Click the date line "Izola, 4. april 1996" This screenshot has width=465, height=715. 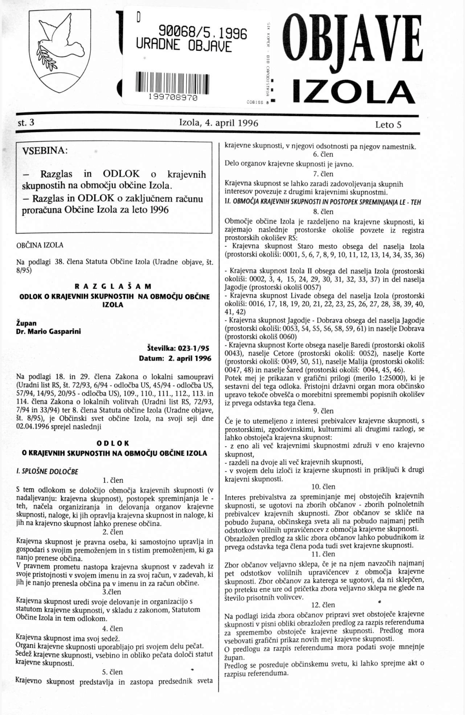click(x=219, y=123)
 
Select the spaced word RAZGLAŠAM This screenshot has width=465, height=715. click(x=113, y=287)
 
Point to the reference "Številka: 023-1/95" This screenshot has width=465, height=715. click(x=178, y=349)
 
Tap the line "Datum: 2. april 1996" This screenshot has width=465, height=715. click(x=175, y=358)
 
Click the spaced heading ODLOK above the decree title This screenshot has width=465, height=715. click(x=113, y=443)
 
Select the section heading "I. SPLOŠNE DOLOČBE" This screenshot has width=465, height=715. click(x=47, y=471)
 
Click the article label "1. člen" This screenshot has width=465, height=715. click(x=113, y=480)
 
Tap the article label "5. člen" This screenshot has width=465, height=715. click(x=113, y=671)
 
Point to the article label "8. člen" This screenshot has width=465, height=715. click(x=323, y=211)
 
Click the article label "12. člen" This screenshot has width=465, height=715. click(x=323, y=605)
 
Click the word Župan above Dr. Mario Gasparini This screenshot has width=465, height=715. click(x=26, y=323)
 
